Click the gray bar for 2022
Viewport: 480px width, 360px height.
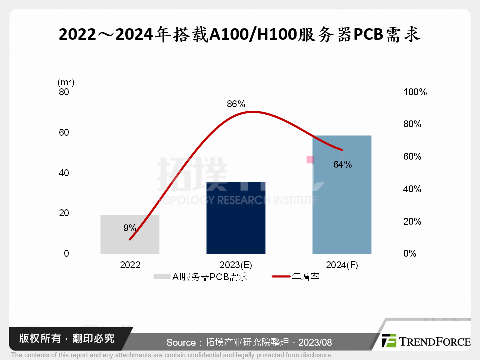pos(130,234)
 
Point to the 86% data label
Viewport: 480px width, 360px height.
pos(236,104)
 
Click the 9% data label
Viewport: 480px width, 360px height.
pos(130,228)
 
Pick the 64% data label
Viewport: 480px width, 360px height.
pos(343,164)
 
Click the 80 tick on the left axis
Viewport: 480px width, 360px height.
pos(63,92)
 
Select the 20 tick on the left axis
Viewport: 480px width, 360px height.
pos(63,213)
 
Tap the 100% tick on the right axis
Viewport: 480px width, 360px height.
pos(415,92)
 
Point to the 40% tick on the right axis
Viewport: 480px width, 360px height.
pos(413,189)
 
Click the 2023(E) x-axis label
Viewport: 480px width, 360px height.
pos(236,265)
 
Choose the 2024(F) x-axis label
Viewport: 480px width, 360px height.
pos(342,265)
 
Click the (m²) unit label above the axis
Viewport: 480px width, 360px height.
pos(66,82)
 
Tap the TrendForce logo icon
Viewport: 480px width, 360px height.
pos(389,341)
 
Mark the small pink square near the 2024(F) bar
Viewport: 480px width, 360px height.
pos(310,159)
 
